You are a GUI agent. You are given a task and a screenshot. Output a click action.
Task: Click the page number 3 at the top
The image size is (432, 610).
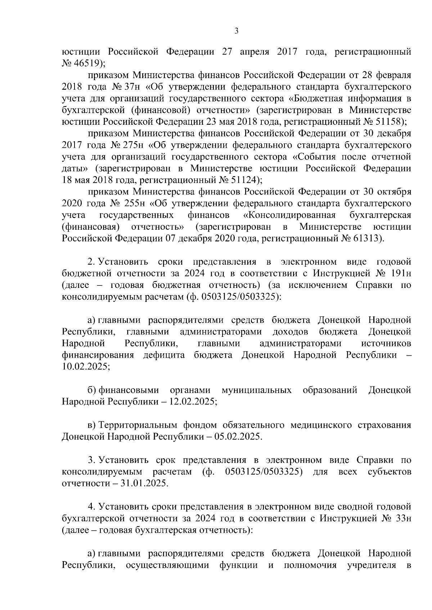click(236, 31)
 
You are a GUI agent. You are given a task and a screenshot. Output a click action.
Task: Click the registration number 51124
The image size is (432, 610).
click(244, 180)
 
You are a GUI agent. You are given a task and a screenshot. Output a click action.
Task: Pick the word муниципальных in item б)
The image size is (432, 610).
click(257, 390)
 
